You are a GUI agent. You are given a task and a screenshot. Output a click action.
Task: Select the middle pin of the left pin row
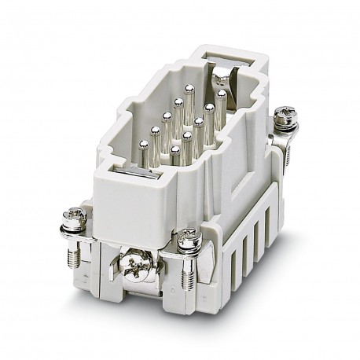tap(167, 119)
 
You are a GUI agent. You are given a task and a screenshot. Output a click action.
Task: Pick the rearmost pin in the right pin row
tap(222, 95)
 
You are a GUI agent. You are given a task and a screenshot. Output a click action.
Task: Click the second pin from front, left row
tap(156, 132)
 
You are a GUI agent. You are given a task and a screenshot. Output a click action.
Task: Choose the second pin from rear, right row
tap(210, 108)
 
